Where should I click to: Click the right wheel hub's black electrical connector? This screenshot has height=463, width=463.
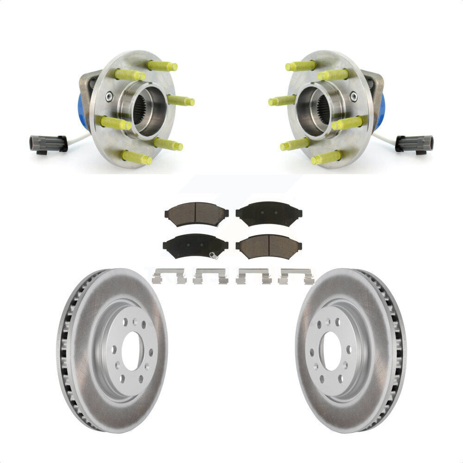click(x=414, y=143)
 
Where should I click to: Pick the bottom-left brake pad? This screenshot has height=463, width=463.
click(x=195, y=246)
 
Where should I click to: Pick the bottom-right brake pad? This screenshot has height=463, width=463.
click(x=269, y=246)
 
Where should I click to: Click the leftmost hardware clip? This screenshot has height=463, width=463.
click(x=169, y=276)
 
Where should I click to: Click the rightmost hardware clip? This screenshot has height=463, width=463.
click(x=296, y=276)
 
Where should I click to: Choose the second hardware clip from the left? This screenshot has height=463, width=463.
click(x=211, y=276)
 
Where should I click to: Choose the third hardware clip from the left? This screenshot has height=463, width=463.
click(x=252, y=276)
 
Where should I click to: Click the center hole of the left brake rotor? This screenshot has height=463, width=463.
click(x=133, y=350)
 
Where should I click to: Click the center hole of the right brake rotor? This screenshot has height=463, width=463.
click(x=332, y=350)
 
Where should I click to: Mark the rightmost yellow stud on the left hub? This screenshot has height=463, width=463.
click(x=181, y=100)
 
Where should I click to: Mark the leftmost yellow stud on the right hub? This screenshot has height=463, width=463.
click(x=282, y=100)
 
